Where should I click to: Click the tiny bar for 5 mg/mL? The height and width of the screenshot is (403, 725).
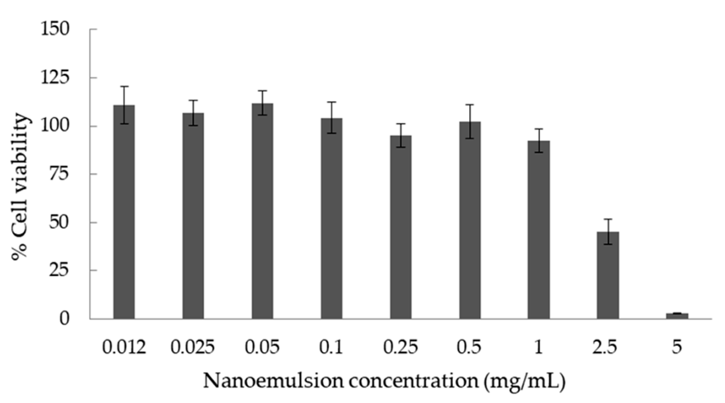click(x=677, y=316)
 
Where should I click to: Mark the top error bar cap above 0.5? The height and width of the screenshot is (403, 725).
click(x=470, y=105)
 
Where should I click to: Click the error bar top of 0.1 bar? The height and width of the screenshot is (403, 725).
click(x=332, y=102)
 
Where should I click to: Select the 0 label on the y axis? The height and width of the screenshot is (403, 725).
click(x=64, y=319)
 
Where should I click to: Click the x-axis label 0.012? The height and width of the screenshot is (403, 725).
click(x=124, y=347)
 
